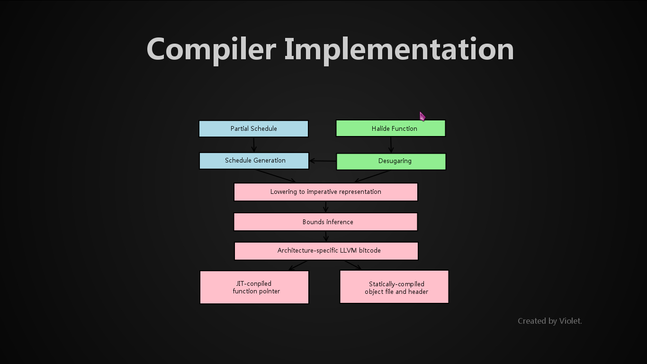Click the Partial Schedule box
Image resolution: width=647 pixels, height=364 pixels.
point(253,128)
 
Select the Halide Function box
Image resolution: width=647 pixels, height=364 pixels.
point(390,128)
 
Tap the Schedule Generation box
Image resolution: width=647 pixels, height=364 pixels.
point(254,161)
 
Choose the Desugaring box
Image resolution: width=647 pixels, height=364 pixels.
point(391,161)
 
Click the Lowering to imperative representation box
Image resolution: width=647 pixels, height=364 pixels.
point(326,192)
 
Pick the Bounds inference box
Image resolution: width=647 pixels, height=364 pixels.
point(326,222)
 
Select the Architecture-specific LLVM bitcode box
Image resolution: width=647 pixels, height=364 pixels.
point(326,251)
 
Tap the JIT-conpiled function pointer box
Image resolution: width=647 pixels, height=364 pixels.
point(254,287)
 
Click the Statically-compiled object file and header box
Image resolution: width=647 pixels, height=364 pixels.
point(394,287)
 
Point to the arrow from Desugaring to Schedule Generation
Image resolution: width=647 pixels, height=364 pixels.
point(323,161)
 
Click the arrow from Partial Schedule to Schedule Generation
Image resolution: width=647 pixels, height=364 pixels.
point(254,145)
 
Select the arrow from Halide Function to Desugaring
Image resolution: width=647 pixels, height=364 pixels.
point(391,145)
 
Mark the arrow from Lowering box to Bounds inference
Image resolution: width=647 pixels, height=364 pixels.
point(326,207)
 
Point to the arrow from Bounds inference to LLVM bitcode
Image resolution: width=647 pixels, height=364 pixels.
point(326,236)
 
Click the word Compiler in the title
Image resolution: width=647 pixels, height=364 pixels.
point(211,49)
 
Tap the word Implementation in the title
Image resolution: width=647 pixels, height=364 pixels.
point(399,49)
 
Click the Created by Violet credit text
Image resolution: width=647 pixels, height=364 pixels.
point(549,321)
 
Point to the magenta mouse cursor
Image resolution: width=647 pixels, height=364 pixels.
point(422,117)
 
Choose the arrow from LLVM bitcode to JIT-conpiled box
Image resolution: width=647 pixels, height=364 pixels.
point(298,265)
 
